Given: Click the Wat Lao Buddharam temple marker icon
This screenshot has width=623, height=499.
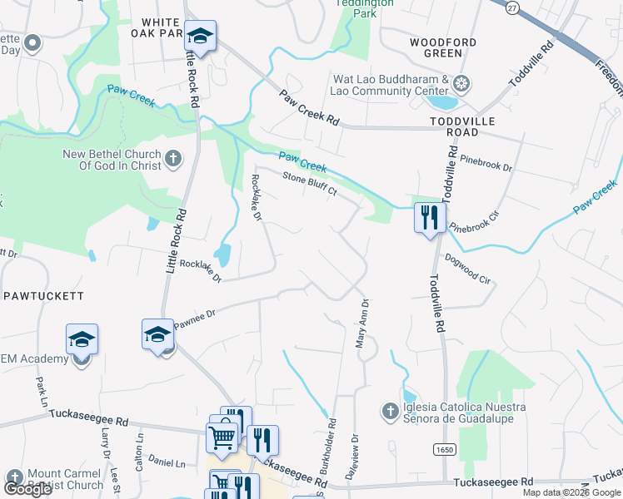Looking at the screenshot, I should [461, 83].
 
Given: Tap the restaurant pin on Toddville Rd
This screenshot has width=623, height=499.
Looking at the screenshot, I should [427, 219].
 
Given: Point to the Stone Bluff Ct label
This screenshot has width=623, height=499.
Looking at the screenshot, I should [309, 184].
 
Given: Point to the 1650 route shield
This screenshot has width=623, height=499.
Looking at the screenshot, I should [443, 448].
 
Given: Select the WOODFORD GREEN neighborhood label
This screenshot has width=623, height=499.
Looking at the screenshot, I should [443, 47].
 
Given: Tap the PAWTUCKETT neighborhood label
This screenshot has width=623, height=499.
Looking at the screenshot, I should [43, 295].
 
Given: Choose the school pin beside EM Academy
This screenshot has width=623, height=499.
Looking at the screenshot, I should [82, 339].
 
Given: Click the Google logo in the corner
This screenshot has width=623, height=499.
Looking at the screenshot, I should [27, 489].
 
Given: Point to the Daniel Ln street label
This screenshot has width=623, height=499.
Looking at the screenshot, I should [167, 462].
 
